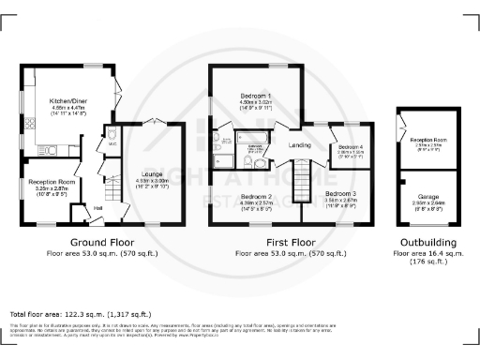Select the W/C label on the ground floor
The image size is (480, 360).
112,144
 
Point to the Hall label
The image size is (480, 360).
98,207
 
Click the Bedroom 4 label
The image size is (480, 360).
351,148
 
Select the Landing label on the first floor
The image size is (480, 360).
300,144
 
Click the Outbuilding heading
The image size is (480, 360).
433,242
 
